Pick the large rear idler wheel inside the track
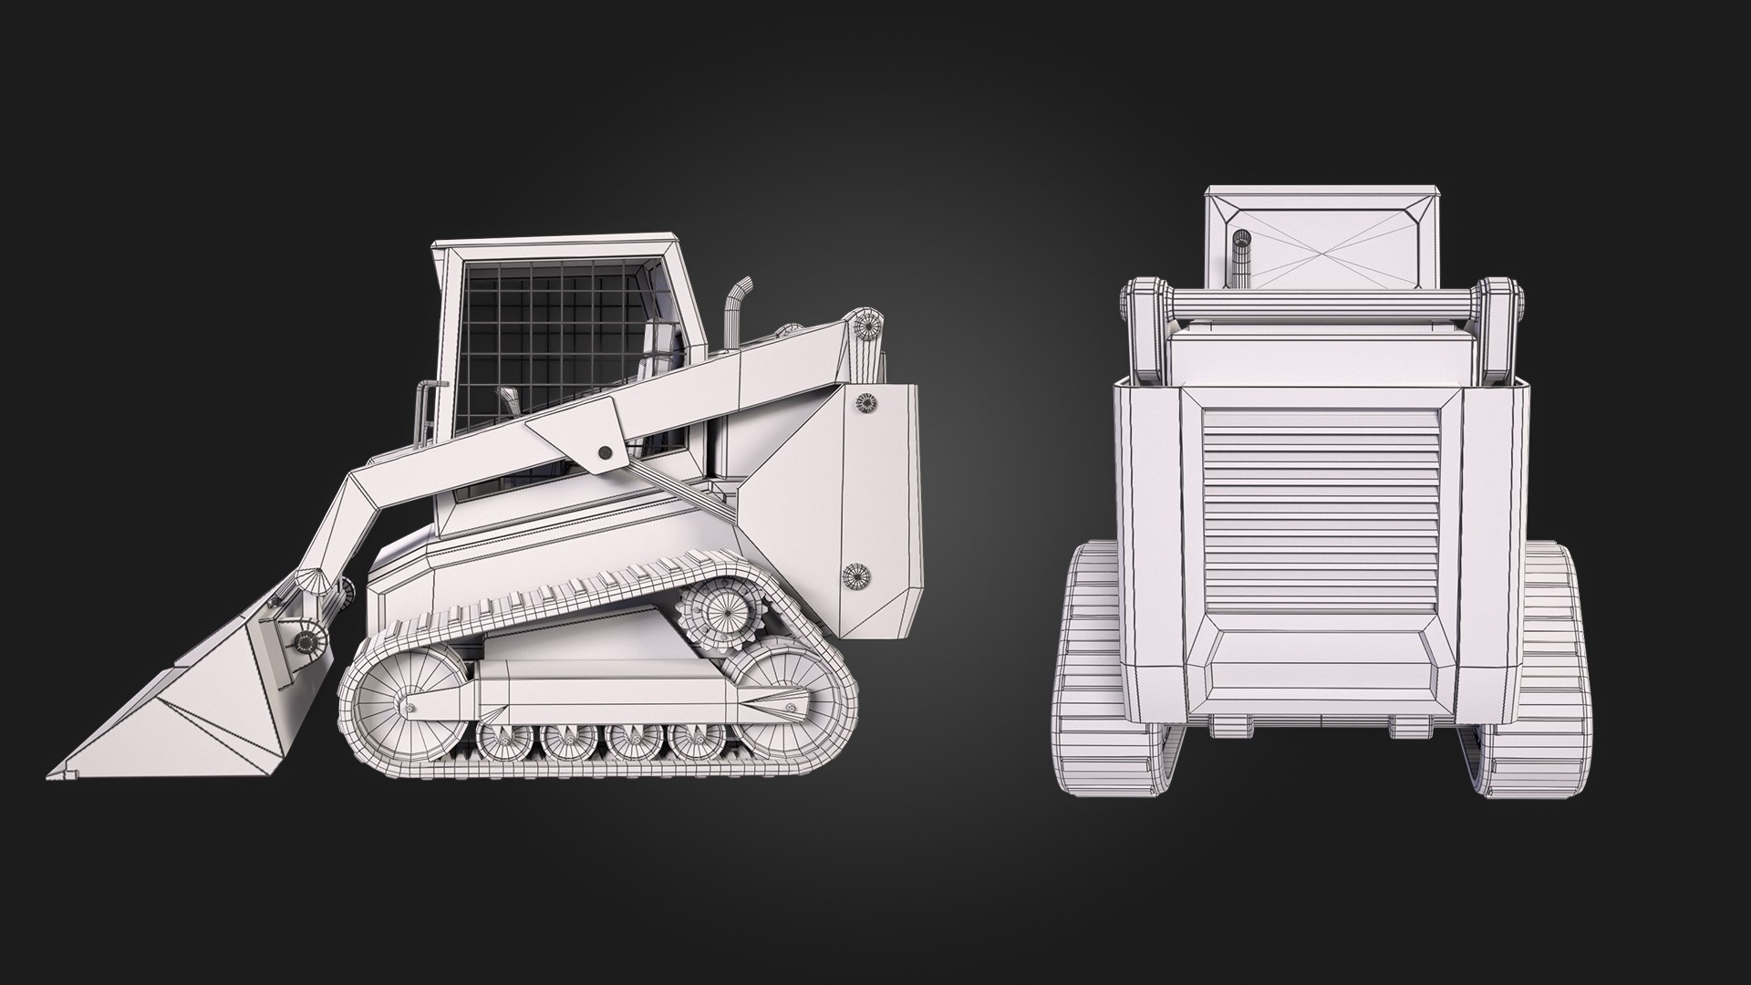779,699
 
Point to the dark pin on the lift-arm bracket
604,452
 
